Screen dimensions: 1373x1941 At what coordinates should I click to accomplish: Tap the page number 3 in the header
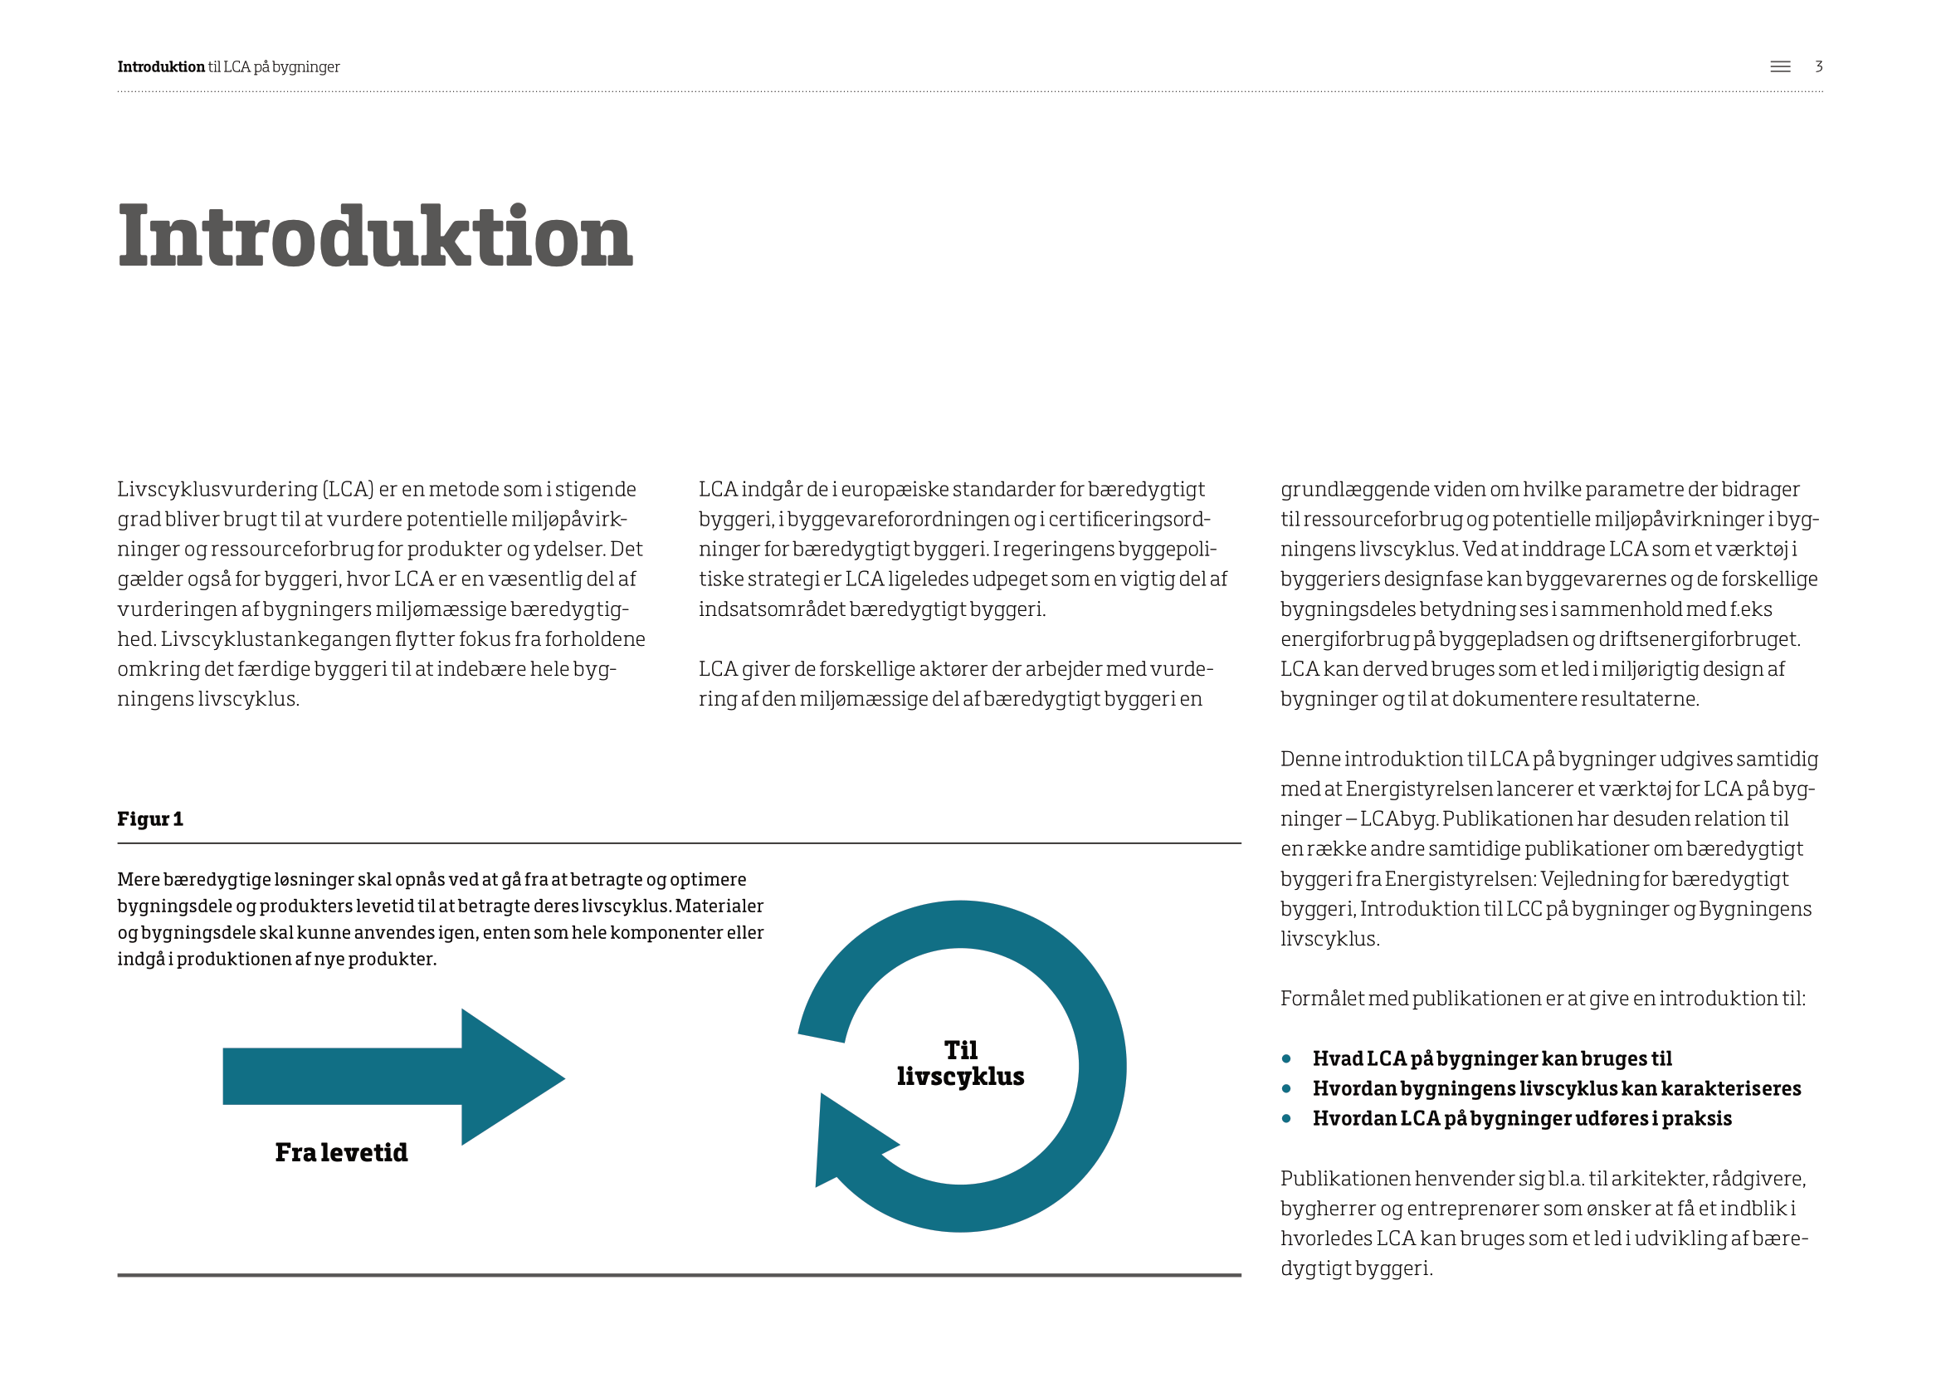pyautogui.click(x=1818, y=66)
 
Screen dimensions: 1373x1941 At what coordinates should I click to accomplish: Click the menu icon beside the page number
pyautogui.click(x=1779, y=66)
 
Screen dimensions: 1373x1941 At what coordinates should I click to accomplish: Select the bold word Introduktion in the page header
pyautogui.click(x=161, y=66)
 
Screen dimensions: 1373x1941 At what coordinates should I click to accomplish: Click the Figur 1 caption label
pyautogui.click(x=149, y=818)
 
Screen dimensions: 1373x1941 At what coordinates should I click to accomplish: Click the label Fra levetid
pyautogui.click(x=341, y=1152)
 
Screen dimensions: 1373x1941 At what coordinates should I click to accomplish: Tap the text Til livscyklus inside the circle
pyautogui.click(x=960, y=1063)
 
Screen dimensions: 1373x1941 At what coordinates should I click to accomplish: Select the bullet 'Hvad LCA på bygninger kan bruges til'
pyautogui.click(x=1491, y=1058)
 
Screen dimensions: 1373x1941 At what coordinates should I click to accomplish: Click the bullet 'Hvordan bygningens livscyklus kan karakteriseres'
pyautogui.click(x=1555, y=1088)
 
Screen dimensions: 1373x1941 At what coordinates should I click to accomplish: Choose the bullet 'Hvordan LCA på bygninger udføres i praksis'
pyautogui.click(x=1522, y=1118)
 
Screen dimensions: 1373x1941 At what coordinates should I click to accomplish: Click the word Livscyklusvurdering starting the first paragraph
pyautogui.click(x=217, y=490)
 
